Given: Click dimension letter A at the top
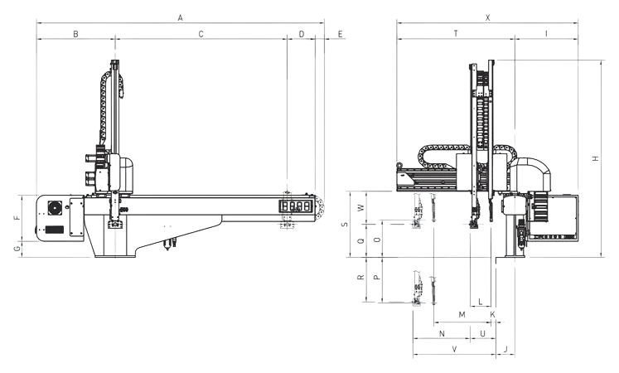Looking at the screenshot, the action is (x=181, y=17).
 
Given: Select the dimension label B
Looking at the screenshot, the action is (x=75, y=34).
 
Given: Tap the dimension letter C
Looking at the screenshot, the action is (x=201, y=34).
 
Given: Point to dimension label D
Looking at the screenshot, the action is (x=302, y=34).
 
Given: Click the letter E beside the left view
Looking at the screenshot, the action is (x=341, y=34).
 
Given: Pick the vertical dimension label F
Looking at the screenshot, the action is (x=17, y=217).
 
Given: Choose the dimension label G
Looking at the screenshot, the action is (x=17, y=249).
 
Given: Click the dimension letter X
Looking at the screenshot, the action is (x=488, y=17).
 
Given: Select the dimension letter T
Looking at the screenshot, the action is (x=456, y=34).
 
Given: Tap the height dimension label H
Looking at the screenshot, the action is (x=596, y=158).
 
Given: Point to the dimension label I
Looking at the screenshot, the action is (x=546, y=34).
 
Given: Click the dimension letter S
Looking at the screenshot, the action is (x=345, y=224).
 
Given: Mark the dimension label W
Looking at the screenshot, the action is (x=360, y=207).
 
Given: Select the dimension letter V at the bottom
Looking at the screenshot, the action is (x=454, y=349).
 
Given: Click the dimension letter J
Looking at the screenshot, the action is (x=505, y=349).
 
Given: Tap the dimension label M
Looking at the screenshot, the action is (x=462, y=315).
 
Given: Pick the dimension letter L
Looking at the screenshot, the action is (x=481, y=302).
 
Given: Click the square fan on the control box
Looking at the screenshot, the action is (x=55, y=208).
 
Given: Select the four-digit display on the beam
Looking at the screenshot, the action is (x=296, y=206).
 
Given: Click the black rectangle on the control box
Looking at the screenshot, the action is (x=55, y=229).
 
